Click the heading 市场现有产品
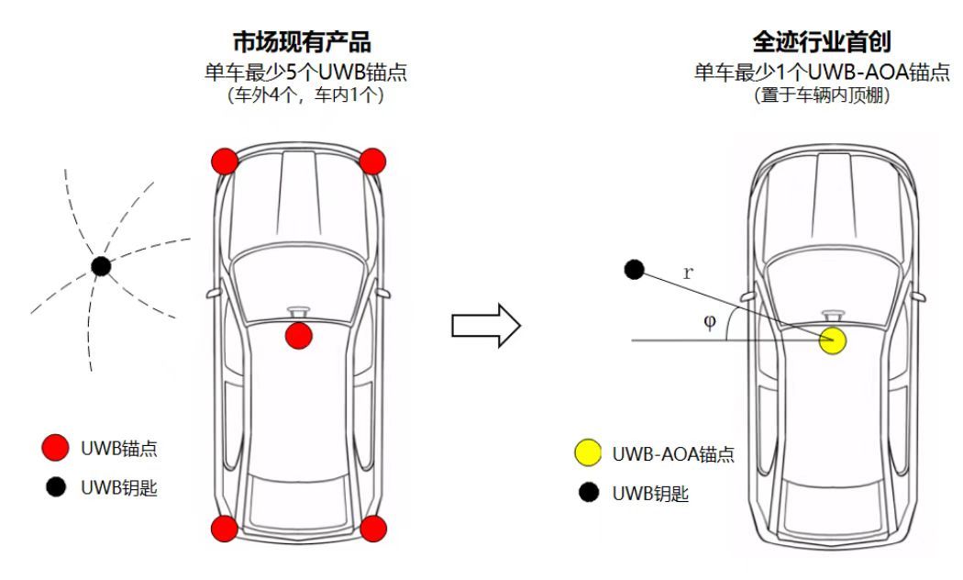[304, 42]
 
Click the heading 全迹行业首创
[822, 42]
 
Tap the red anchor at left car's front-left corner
[225, 162]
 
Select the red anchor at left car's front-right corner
[371, 162]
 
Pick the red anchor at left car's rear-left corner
[225, 528]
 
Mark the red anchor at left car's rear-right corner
[371, 528]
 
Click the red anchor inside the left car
[298, 336]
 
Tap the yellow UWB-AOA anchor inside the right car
[832, 341]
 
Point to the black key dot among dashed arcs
[101, 267]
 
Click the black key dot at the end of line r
[633, 270]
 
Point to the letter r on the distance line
[688, 272]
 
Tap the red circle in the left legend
[56, 448]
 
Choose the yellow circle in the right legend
[587, 452]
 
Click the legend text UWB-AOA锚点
[673, 453]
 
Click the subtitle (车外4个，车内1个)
[305, 95]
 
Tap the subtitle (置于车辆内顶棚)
[822, 95]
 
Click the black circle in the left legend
[56, 488]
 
